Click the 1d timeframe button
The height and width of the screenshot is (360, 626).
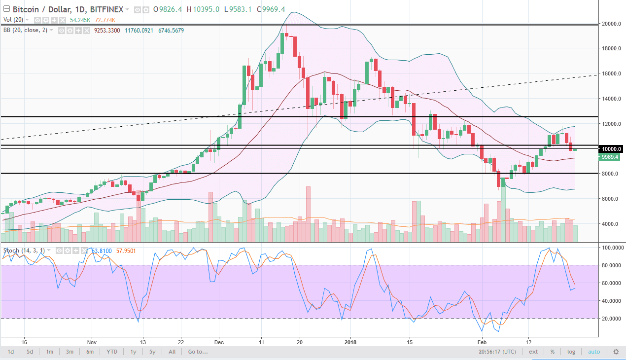click(10, 352)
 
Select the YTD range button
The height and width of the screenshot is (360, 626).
click(112, 352)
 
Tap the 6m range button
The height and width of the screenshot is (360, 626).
click(90, 352)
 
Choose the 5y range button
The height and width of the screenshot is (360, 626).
click(152, 352)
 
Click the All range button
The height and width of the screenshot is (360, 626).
click(172, 352)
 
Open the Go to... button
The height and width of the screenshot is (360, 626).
click(198, 352)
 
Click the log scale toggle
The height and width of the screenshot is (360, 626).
click(571, 352)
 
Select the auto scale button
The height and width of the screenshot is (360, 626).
click(594, 352)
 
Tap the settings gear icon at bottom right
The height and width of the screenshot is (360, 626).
click(616, 352)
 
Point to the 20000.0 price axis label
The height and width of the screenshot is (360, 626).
click(612, 24)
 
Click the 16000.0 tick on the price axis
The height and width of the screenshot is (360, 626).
click(612, 74)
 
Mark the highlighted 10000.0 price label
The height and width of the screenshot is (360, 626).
click(611, 149)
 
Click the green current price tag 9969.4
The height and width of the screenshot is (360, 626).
click(611, 157)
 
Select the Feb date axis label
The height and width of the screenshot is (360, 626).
click(482, 341)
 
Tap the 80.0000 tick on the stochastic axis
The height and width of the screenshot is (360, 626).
click(612, 265)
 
